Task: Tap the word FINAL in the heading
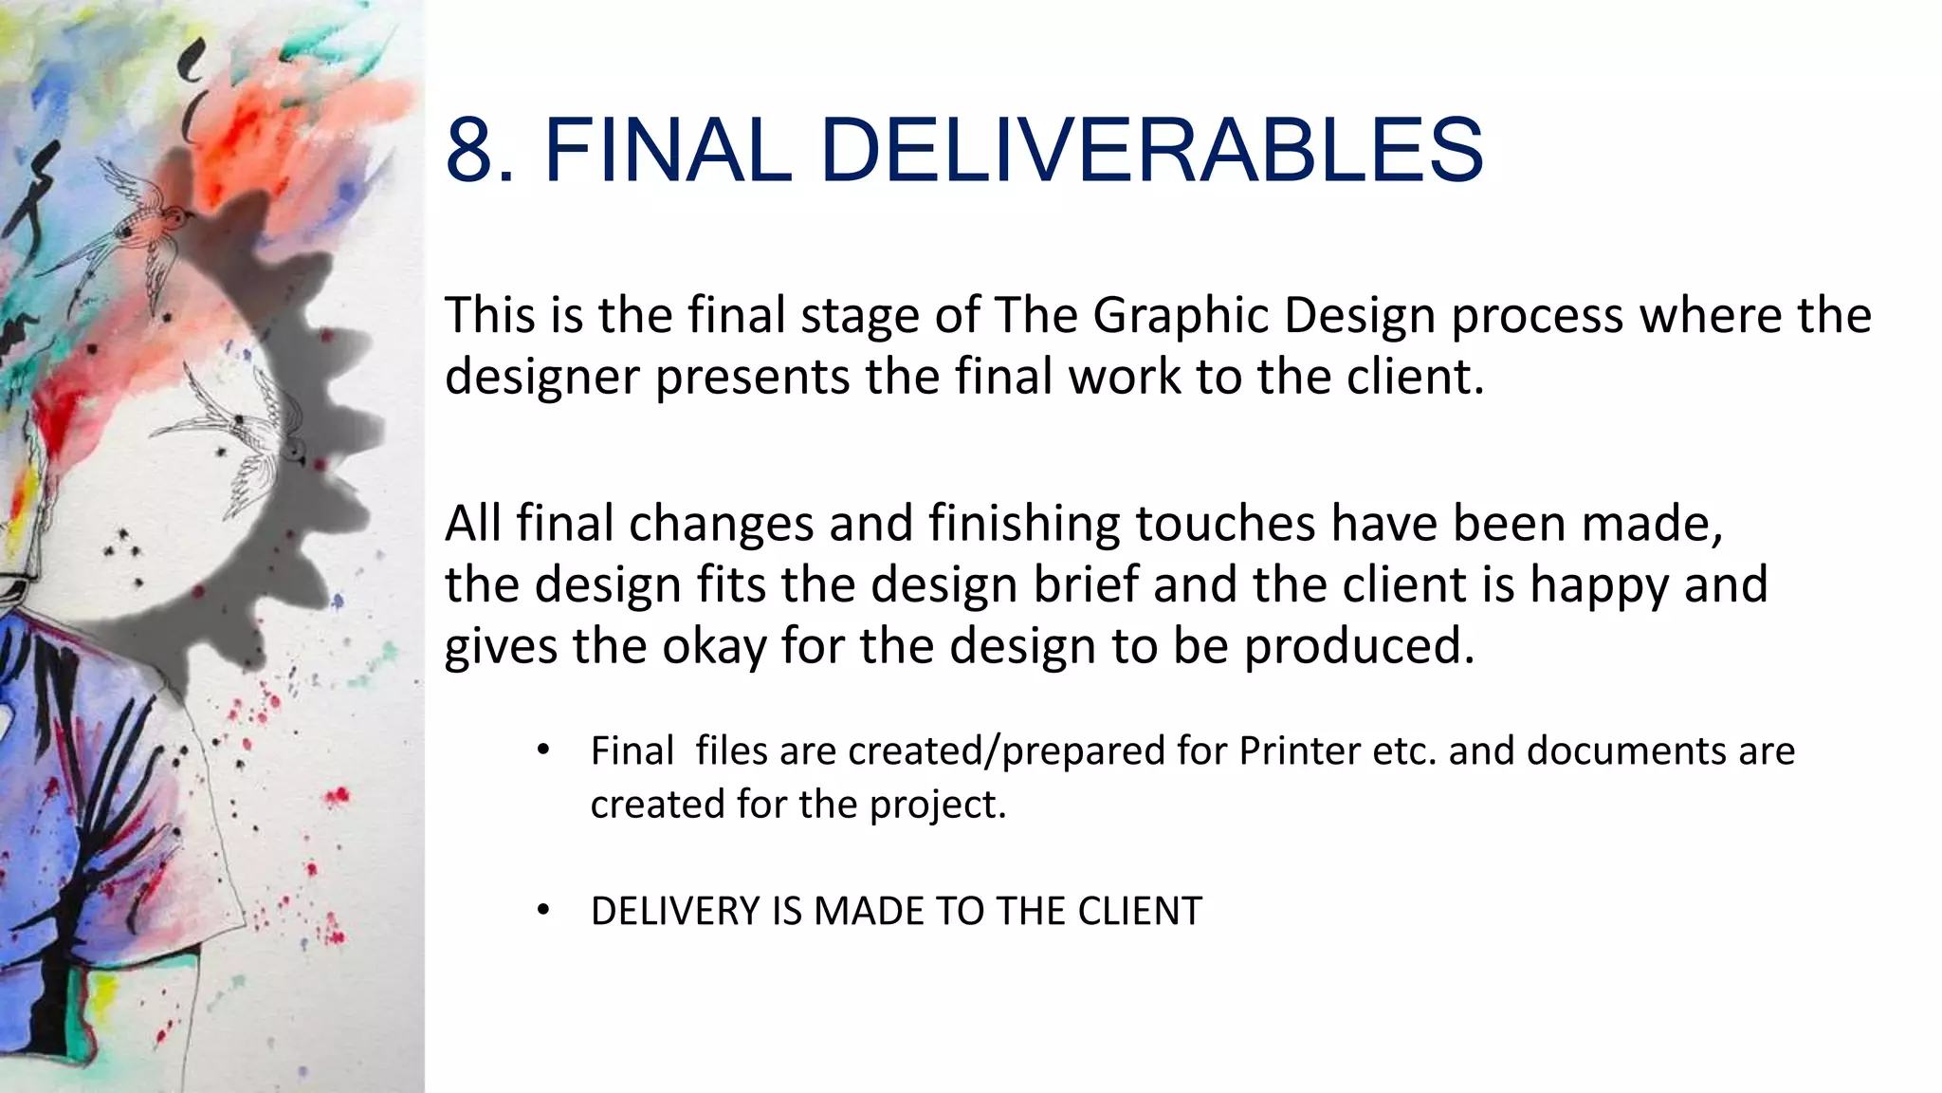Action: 668,150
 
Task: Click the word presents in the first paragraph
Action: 752,378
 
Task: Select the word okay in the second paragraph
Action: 713,647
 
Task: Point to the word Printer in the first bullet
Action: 1293,750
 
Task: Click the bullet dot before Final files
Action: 542,750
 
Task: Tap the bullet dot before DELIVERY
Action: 542,911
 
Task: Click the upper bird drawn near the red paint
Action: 142,223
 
